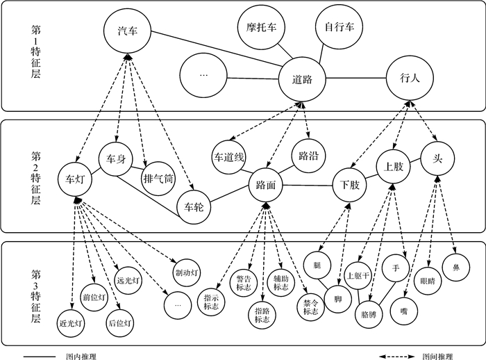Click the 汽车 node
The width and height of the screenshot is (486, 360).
[128, 32]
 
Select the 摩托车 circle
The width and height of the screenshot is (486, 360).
[261, 28]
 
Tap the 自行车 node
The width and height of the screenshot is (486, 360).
[339, 28]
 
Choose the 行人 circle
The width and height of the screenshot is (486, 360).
[410, 79]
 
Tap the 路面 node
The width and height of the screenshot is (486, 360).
[267, 186]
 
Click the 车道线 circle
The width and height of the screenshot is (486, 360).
[229, 158]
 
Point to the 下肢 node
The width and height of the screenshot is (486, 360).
[350, 186]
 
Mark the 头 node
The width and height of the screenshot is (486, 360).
[437, 158]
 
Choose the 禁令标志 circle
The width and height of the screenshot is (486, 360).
[310, 307]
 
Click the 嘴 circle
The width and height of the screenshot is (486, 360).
[403, 312]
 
